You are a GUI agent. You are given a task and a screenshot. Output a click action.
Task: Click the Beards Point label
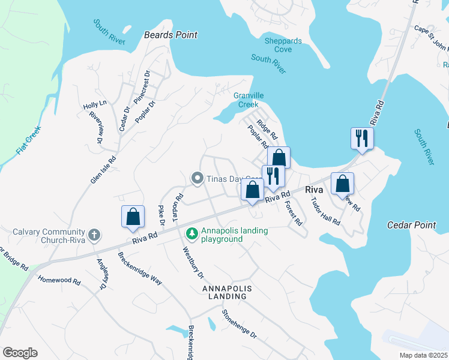[x=170, y=35]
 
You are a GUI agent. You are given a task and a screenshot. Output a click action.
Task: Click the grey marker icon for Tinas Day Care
[x=196, y=178]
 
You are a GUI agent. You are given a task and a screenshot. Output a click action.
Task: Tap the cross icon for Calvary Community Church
[x=94, y=235]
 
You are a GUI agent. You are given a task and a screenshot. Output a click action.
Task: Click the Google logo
[x=20, y=352]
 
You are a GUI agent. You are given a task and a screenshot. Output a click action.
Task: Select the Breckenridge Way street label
[x=139, y=267]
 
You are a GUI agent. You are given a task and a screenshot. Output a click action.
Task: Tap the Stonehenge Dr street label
[x=238, y=323]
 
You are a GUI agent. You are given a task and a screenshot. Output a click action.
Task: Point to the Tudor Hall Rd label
[x=325, y=211]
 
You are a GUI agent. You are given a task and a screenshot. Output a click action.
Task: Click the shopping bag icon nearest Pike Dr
[x=133, y=217]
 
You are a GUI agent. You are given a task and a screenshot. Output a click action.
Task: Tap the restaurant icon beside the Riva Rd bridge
[x=362, y=137]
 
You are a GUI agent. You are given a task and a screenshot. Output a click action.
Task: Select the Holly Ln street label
[x=95, y=104]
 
